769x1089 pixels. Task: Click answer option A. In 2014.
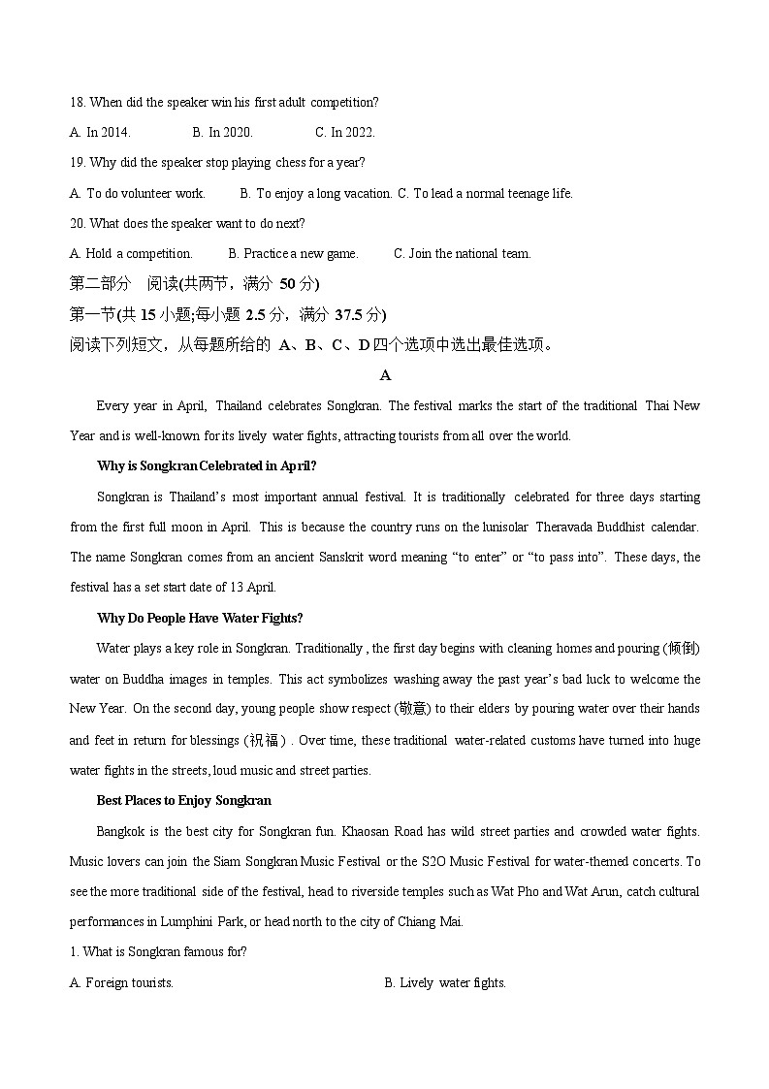pyautogui.click(x=100, y=132)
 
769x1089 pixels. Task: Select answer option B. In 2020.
pyautogui.click(x=222, y=132)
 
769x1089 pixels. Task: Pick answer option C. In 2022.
pyautogui.click(x=344, y=132)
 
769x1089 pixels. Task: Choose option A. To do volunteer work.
pyautogui.click(x=138, y=193)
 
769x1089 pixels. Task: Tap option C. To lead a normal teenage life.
pyautogui.click(x=485, y=193)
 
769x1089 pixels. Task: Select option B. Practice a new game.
pyautogui.click(x=293, y=253)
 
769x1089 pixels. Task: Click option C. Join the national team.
pyautogui.click(x=462, y=253)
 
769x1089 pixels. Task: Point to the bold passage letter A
pyautogui.click(x=385, y=375)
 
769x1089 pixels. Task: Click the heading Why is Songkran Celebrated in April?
pyautogui.click(x=207, y=465)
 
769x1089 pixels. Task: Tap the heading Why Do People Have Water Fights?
pyautogui.click(x=200, y=618)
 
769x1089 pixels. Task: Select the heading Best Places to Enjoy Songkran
pyautogui.click(x=184, y=800)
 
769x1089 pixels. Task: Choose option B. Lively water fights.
pyautogui.click(x=445, y=982)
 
